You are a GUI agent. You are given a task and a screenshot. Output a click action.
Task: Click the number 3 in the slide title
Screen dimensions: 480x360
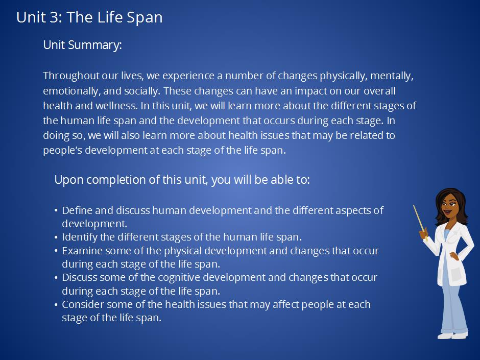pyautogui.click(x=54, y=17)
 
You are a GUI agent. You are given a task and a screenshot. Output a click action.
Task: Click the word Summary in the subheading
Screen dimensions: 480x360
pyautogui.click(x=95, y=45)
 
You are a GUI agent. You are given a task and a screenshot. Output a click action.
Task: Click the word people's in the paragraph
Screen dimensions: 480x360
pyautogui.click(x=62, y=150)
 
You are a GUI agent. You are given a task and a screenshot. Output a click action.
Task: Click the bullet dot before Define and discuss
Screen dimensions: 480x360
pyautogui.click(x=56, y=210)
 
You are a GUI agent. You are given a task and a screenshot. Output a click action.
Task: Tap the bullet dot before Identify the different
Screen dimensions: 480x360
pyautogui.click(x=56, y=237)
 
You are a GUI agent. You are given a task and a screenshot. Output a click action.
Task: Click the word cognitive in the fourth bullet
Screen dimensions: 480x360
pyautogui.click(x=179, y=277)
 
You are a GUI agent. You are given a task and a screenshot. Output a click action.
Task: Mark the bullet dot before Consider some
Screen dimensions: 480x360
pyautogui.click(x=56, y=304)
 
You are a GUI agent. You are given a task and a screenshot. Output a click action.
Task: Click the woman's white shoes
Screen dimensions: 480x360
pyautogui.click(x=453, y=335)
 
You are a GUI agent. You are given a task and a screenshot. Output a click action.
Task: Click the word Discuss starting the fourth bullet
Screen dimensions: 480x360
pyautogui.click(x=80, y=277)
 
